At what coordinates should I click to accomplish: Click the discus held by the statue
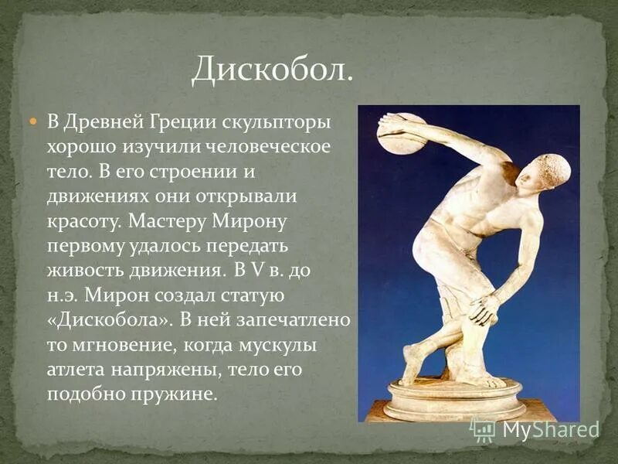click(x=401, y=134)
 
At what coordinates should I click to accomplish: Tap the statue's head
click(x=549, y=172)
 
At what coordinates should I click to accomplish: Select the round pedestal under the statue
click(x=455, y=398)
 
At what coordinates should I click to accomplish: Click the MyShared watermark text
click(x=551, y=429)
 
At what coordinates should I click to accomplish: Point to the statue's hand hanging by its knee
click(x=484, y=309)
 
